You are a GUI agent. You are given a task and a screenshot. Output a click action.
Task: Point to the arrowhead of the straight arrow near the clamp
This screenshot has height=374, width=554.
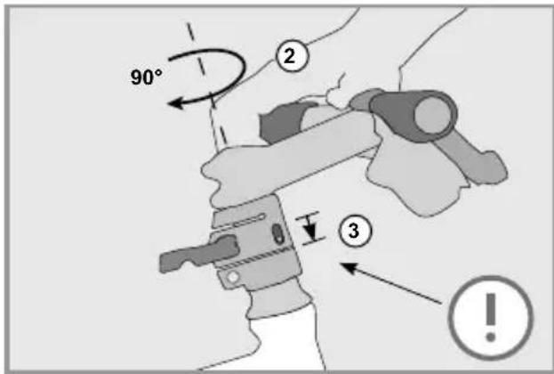(347, 264)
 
